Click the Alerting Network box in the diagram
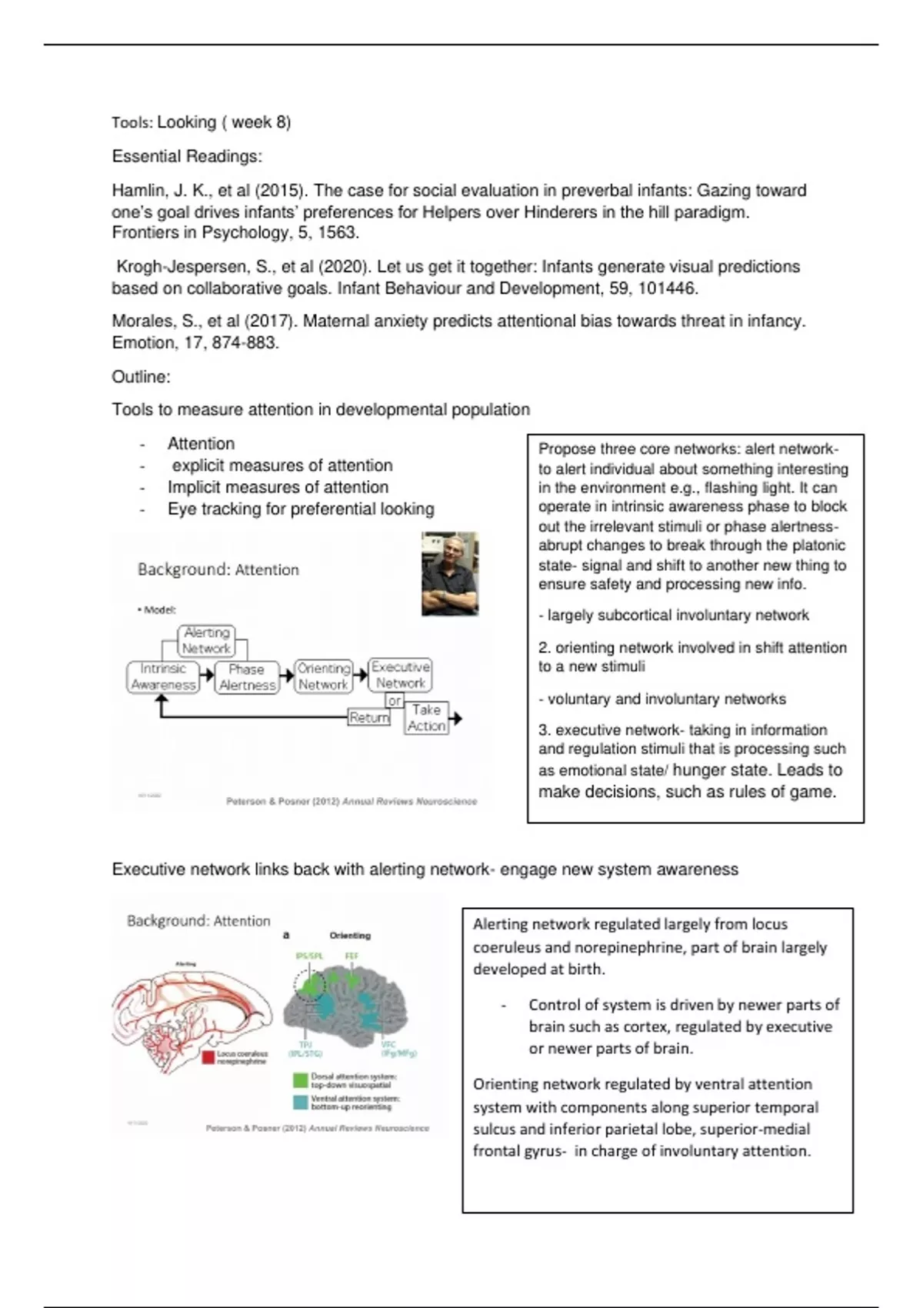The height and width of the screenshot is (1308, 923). (x=206, y=640)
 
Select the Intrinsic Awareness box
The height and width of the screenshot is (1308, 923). (x=163, y=677)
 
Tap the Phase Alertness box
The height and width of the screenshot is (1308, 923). (x=246, y=677)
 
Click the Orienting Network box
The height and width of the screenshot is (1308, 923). (x=323, y=676)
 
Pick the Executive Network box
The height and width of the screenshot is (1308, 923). (x=400, y=675)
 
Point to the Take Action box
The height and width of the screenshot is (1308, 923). (x=426, y=718)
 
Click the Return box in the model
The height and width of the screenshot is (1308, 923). (x=369, y=718)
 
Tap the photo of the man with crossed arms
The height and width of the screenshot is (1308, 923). (x=450, y=573)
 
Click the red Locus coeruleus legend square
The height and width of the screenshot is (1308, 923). (x=208, y=1057)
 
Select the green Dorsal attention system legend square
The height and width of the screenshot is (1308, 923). (x=300, y=1080)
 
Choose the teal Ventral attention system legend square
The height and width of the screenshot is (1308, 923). (x=300, y=1102)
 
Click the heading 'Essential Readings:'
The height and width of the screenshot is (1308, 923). (x=187, y=156)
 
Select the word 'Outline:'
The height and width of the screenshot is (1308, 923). (x=141, y=377)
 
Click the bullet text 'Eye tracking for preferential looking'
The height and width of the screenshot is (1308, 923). (x=301, y=509)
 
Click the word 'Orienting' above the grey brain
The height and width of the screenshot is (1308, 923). (x=350, y=936)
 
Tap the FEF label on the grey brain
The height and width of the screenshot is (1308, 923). (x=352, y=956)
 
